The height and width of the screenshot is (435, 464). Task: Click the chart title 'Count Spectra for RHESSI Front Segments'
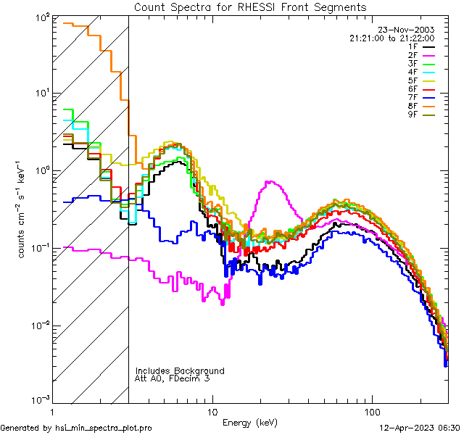(x=250, y=7)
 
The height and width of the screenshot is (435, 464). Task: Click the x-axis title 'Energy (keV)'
(x=249, y=422)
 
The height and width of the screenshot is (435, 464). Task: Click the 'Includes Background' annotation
(x=180, y=370)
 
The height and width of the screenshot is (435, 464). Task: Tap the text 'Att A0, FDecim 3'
(x=173, y=378)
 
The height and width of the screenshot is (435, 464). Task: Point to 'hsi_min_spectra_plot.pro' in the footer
(x=104, y=428)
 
